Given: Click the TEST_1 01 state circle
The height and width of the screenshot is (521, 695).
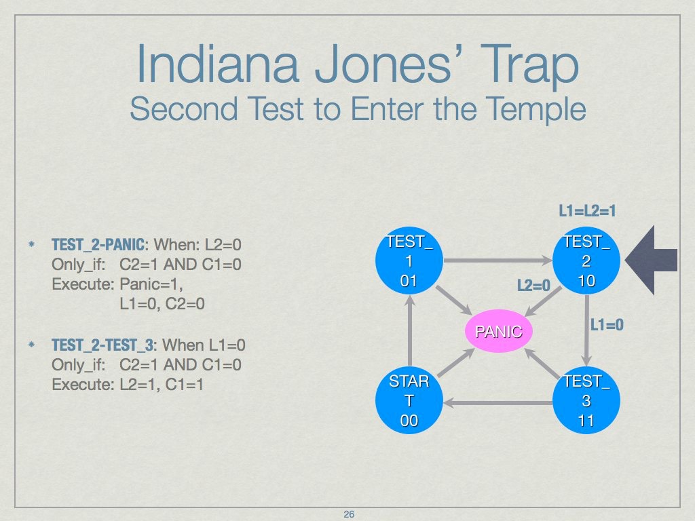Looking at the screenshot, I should coord(409,261).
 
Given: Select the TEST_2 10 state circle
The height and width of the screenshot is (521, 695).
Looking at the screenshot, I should coord(586,261).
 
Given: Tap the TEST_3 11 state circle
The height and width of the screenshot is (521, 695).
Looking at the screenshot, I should coord(586,400).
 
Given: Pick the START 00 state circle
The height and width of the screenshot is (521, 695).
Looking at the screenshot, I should coord(409,400).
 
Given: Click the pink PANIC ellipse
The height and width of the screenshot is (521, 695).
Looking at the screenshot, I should coord(499,332).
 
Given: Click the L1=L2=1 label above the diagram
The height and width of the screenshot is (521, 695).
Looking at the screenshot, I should coord(587,211).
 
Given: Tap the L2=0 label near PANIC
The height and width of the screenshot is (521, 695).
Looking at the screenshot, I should coord(533,286).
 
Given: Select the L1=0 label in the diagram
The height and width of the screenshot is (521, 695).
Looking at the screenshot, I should coord(607,325).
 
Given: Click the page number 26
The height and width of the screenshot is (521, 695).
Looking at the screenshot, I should coord(349,514).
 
